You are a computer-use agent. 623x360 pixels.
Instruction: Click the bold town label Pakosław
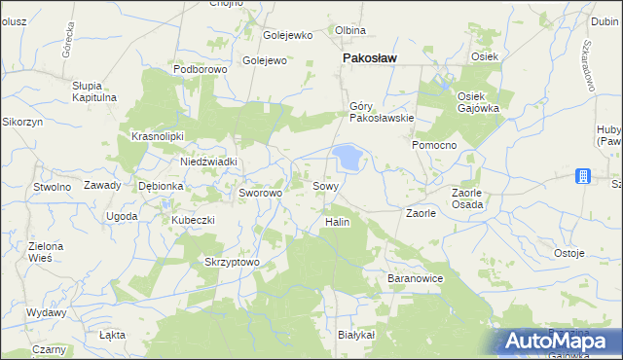[369, 58]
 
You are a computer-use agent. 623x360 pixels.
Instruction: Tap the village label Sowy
[325, 186]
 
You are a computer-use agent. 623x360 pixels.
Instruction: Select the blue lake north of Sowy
[347, 156]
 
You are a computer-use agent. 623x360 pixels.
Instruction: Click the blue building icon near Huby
[582, 176]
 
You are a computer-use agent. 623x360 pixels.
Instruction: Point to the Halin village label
[336, 222]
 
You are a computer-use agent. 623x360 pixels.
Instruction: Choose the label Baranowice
[416, 279]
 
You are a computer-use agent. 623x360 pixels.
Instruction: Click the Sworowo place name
[261, 194]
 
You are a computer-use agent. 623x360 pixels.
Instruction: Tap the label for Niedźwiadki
[209, 162]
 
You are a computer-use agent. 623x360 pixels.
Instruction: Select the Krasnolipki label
[158, 137]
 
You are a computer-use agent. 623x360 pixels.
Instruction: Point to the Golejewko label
[288, 36]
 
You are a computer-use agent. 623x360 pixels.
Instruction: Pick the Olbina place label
[350, 30]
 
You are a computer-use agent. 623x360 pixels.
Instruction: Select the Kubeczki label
[193, 220]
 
